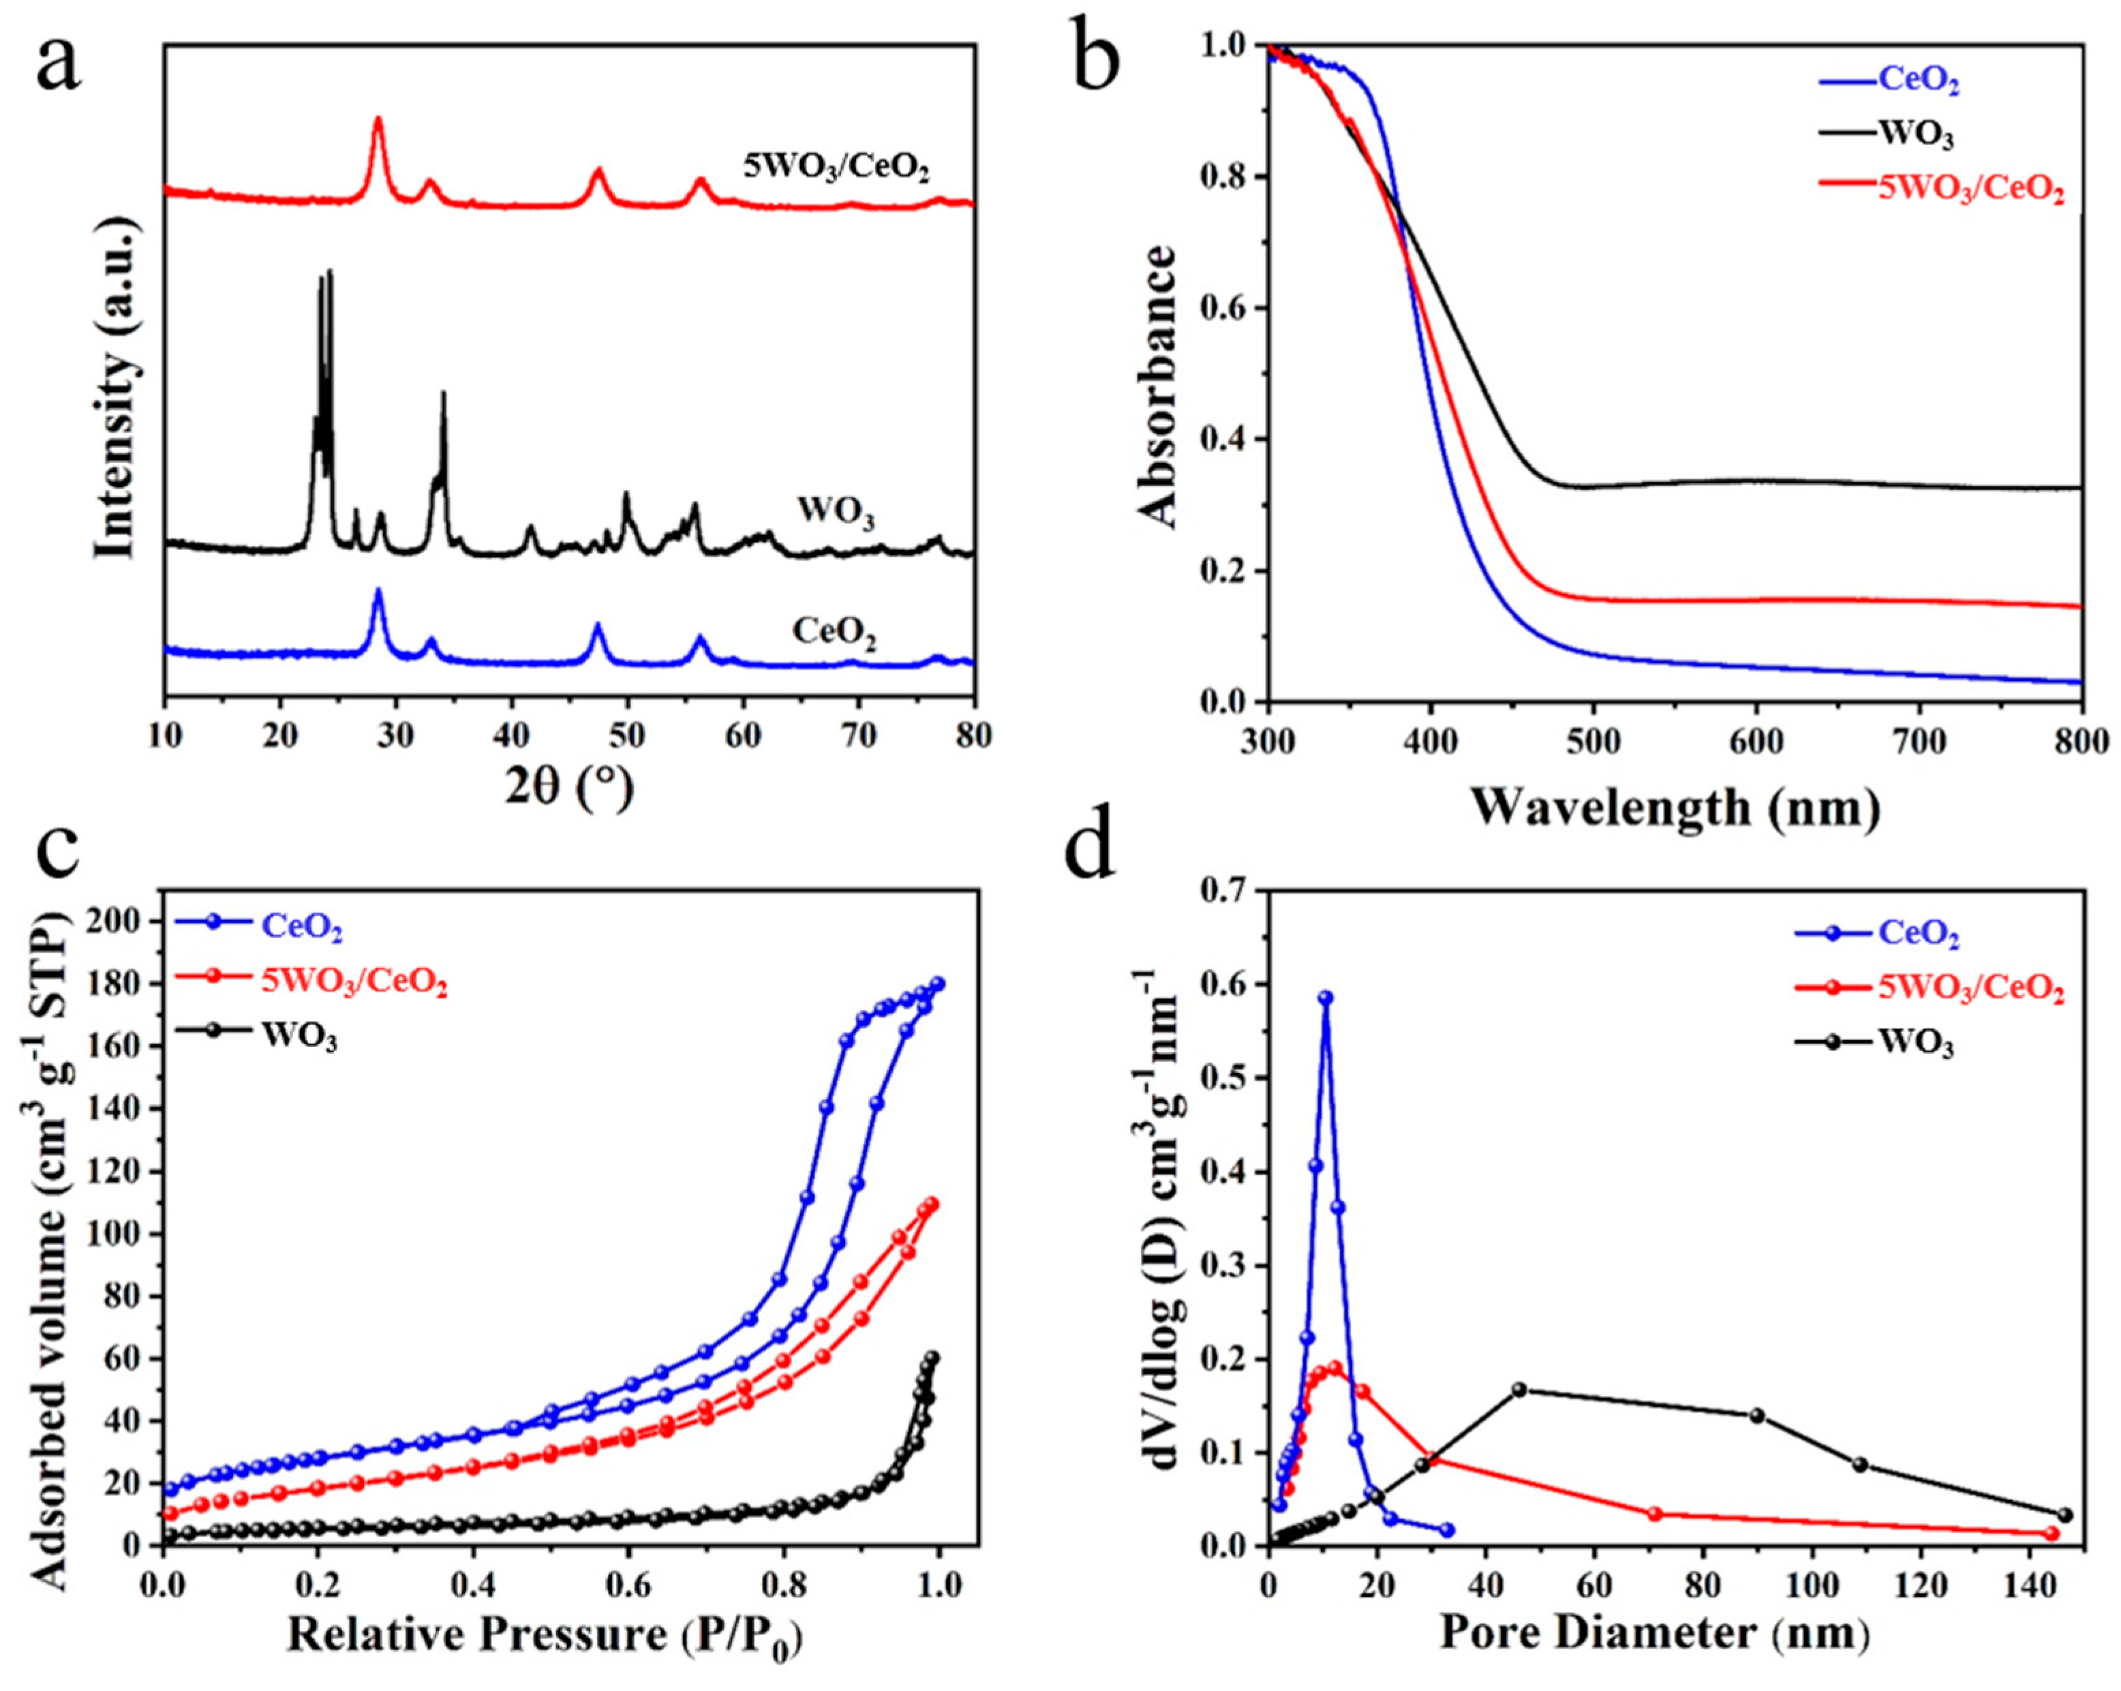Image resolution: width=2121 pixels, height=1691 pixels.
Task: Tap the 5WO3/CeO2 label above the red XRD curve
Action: pos(835,166)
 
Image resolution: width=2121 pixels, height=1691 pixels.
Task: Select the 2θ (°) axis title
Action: pos(568,788)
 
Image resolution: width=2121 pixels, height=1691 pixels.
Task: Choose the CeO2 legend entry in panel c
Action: pos(301,927)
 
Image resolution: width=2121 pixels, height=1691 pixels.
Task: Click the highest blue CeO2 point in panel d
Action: pos(1325,997)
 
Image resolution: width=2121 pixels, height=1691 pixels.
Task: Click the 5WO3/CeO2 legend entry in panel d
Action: pos(1970,988)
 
